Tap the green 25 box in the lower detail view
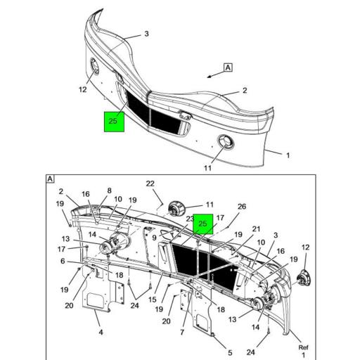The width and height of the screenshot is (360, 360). (203, 224)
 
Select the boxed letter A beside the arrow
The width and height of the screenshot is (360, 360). (228, 67)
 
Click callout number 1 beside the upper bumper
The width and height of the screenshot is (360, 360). (287, 155)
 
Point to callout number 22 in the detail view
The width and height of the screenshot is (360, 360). (150, 184)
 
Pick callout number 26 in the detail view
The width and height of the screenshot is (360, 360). (242, 206)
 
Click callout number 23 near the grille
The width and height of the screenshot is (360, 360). (190, 219)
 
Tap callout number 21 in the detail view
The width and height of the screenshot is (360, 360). (256, 229)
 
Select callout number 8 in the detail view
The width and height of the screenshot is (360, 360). (109, 191)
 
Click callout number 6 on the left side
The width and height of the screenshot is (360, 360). (63, 261)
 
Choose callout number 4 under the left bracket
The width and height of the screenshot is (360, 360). (99, 332)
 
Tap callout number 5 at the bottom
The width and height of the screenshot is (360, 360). (230, 343)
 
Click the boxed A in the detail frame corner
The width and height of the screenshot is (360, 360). (51, 179)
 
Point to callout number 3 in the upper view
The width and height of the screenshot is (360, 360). (146, 34)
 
